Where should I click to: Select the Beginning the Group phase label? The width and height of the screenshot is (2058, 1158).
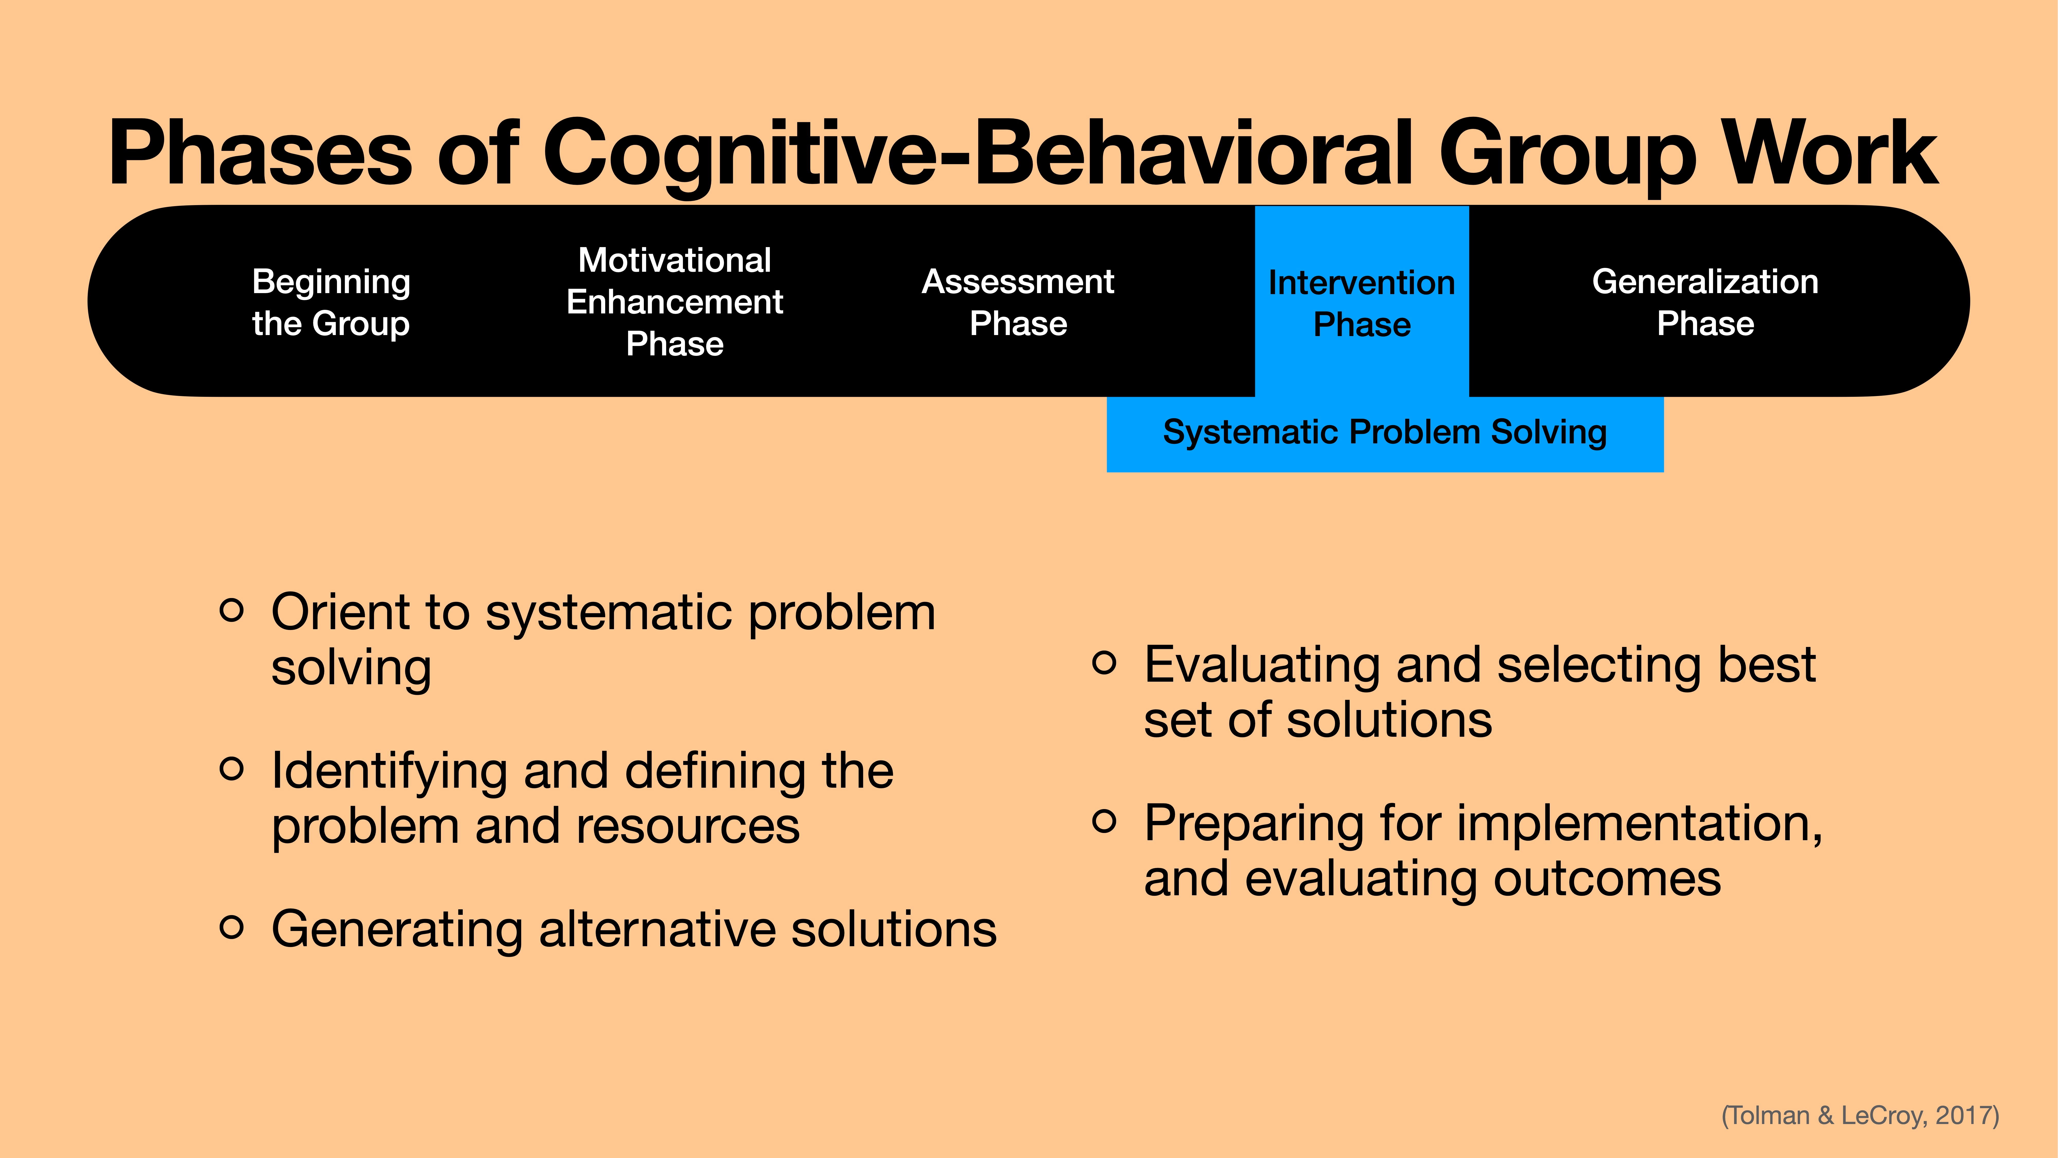[331, 302]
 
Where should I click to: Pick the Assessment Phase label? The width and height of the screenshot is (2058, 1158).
[1018, 302]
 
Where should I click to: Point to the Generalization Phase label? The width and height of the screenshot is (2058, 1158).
[1705, 302]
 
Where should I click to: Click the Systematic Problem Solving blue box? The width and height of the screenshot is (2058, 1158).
[1385, 432]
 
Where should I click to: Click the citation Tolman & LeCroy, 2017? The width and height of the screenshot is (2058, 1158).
[1860, 1115]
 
